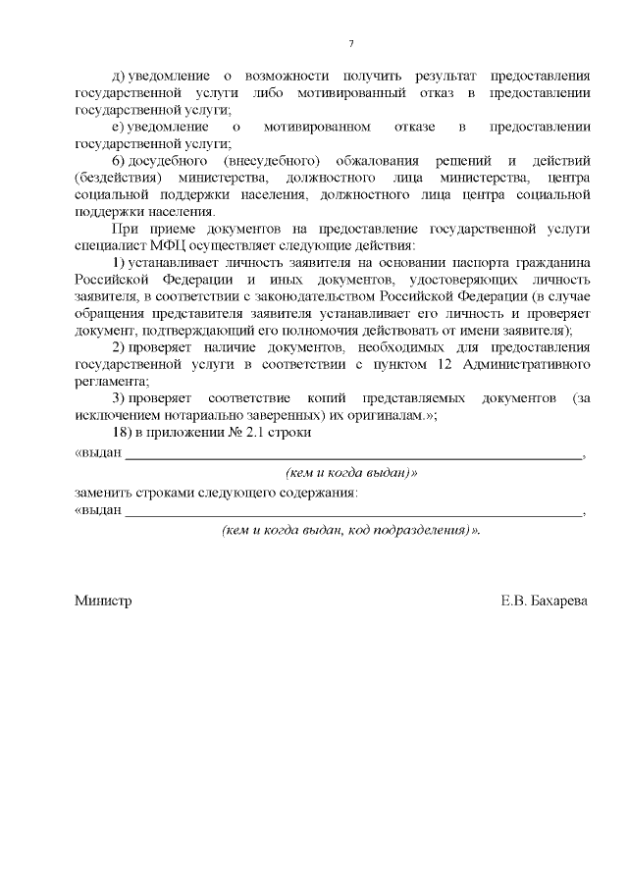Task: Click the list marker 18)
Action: (x=125, y=434)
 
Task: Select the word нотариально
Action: (x=207, y=415)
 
